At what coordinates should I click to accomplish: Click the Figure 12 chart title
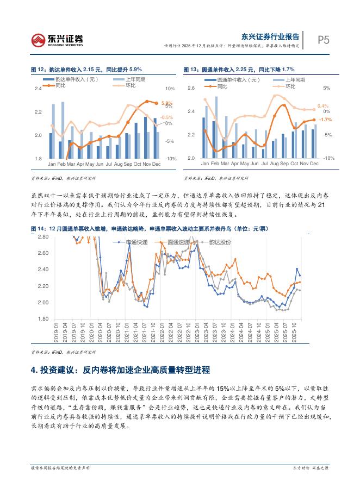86,70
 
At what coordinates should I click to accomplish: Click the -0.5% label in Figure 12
166,117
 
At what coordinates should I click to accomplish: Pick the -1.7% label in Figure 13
325,119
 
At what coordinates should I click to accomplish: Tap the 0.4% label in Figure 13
323,106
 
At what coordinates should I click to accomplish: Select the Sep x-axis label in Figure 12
128,164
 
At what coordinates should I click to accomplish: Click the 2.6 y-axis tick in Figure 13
191,88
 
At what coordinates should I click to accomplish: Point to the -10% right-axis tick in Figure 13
328,158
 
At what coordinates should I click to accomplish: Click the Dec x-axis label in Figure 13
313,164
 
